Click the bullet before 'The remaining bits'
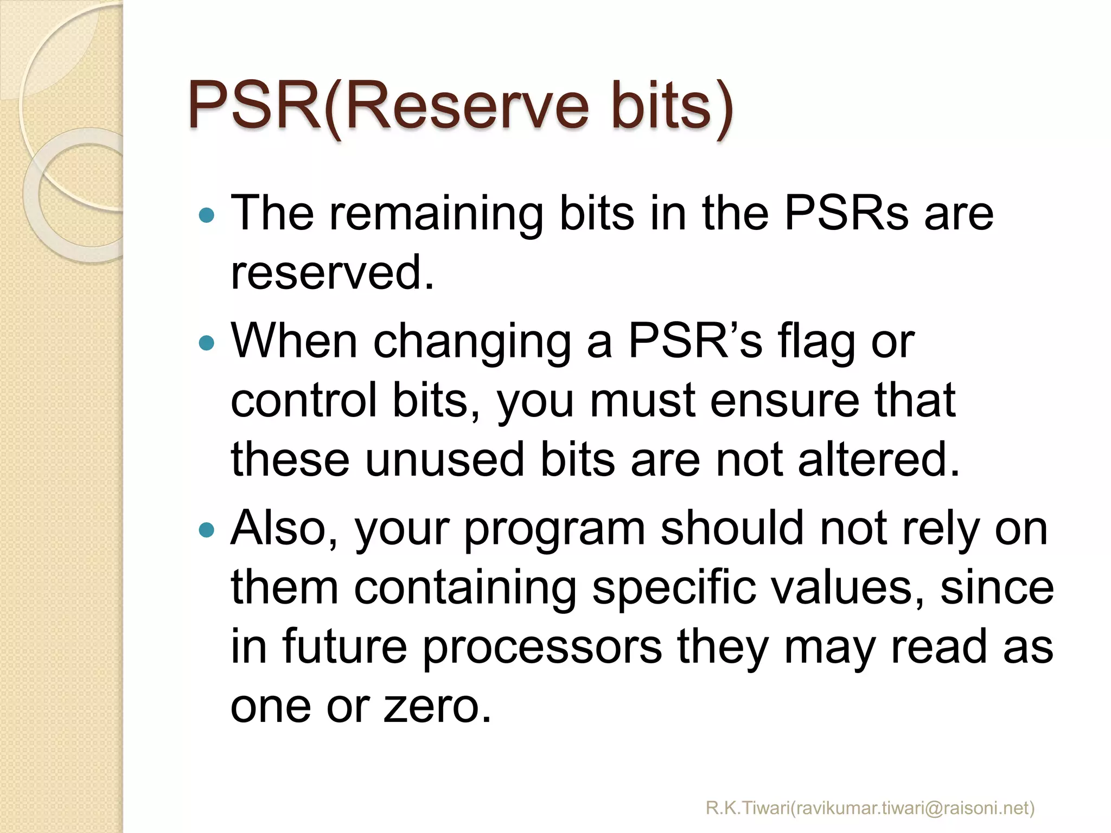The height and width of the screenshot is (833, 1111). point(207,216)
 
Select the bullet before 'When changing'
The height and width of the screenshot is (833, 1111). point(207,343)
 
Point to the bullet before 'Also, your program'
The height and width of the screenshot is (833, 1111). point(207,529)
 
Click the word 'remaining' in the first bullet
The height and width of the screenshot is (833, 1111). point(436,214)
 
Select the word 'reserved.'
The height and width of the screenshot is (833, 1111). point(332,273)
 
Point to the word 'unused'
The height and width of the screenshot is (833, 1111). point(445,460)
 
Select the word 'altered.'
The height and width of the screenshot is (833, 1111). point(879,460)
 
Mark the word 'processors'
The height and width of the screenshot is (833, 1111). point(542,647)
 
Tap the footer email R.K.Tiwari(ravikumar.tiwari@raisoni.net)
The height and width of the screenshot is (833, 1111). point(870,808)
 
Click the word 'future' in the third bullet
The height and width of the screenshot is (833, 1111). point(344,647)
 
